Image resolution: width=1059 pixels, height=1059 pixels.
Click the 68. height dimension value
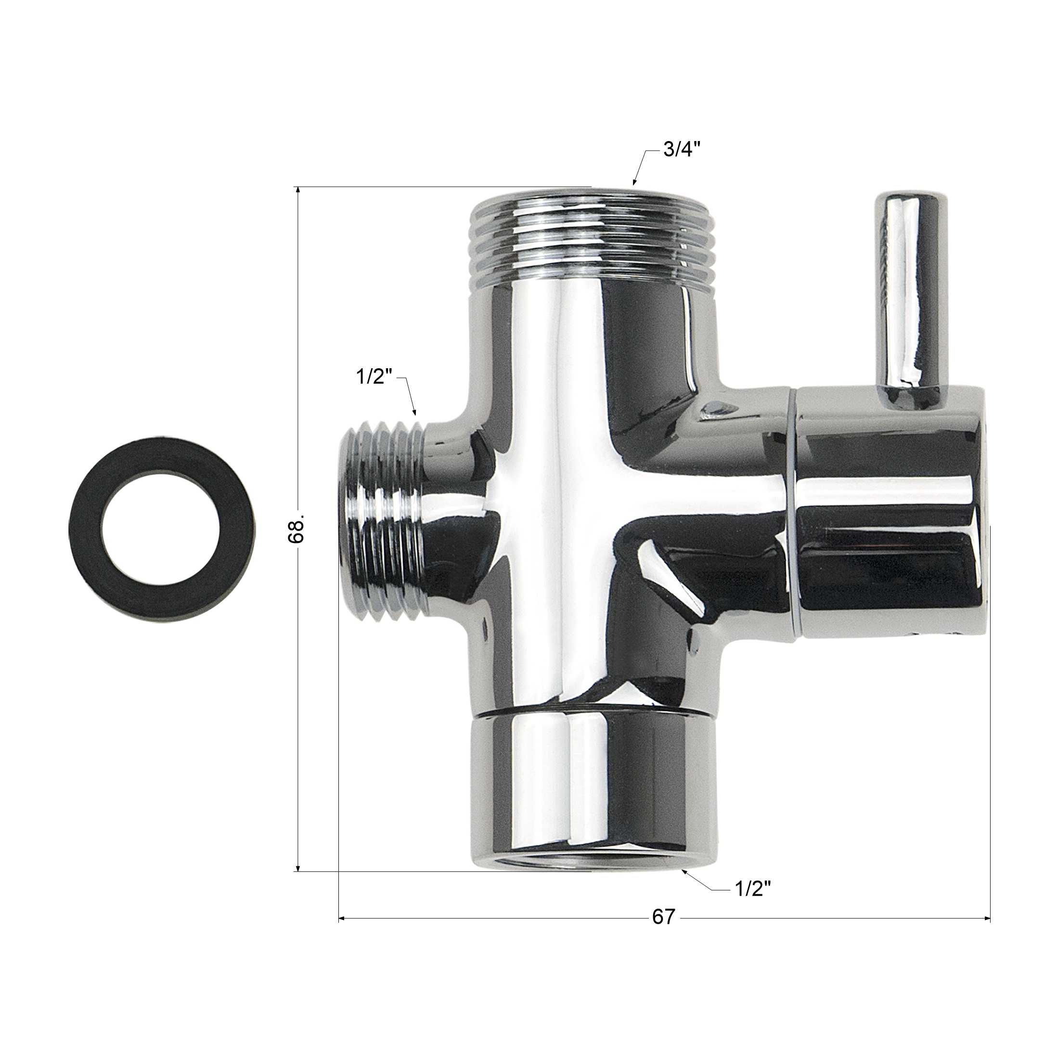point(297,530)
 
